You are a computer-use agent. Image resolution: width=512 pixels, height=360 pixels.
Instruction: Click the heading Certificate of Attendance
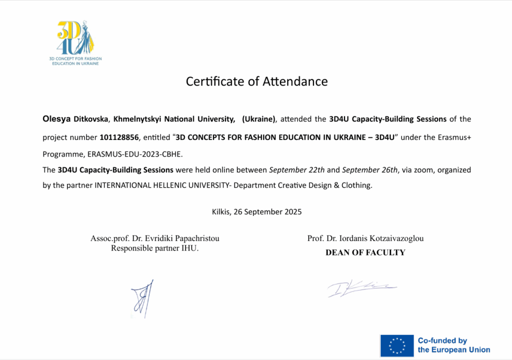(256, 81)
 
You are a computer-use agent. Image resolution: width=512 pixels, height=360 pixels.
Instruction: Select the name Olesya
(57, 119)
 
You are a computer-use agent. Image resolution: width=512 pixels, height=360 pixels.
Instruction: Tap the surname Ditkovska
(91, 119)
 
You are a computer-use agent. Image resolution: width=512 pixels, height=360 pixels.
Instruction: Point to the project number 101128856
(119, 137)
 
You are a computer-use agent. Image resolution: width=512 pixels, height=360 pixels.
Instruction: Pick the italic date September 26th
(370, 170)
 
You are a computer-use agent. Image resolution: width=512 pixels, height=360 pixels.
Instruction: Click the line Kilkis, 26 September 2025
(256, 211)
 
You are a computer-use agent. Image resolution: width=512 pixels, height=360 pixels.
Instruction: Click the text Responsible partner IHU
(154, 248)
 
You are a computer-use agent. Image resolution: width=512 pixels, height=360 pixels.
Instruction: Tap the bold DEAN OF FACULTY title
(365, 252)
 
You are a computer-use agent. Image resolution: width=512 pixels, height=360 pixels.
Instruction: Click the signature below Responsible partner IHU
(142, 298)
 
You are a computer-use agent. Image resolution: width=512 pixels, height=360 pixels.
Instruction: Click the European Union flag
(396, 345)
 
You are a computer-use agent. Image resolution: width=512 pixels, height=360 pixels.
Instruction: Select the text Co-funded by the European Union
(453, 345)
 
